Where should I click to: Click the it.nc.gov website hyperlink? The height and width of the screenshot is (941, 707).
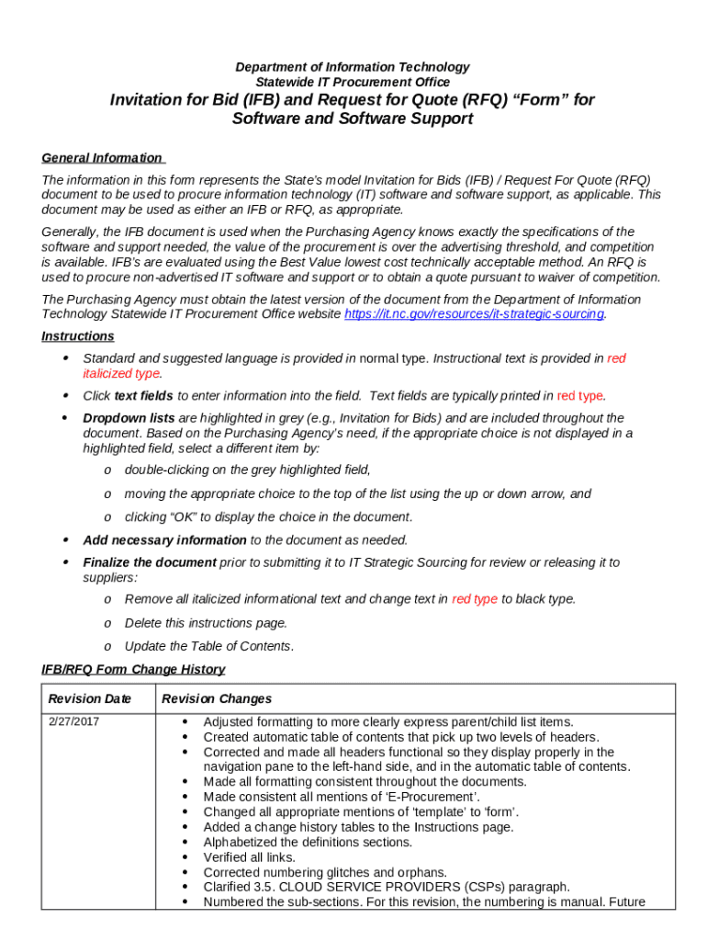click(x=473, y=314)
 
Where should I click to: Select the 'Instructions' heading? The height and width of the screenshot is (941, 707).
click(x=78, y=336)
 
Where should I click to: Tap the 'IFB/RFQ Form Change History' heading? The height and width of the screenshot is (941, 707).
click(x=133, y=670)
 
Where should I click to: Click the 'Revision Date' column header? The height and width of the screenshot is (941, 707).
click(x=90, y=699)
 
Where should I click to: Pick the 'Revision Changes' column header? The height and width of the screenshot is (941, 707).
click(x=217, y=699)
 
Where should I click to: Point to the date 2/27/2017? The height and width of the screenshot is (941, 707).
click(x=73, y=722)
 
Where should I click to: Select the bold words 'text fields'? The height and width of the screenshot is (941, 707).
click(x=143, y=396)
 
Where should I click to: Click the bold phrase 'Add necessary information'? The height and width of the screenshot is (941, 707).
click(x=164, y=540)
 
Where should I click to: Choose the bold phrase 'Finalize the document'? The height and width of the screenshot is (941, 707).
click(x=150, y=562)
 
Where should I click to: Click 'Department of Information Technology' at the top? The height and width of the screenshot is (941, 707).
click(x=353, y=67)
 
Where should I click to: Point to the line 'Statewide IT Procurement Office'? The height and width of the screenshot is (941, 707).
click(x=353, y=83)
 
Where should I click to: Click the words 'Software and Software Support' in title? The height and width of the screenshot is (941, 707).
click(x=353, y=119)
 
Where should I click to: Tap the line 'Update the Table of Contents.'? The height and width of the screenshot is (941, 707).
click(x=209, y=646)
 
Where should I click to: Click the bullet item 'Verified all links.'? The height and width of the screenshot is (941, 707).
click(x=249, y=857)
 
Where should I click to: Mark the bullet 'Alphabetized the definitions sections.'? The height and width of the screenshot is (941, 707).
click(x=308, y=842)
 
